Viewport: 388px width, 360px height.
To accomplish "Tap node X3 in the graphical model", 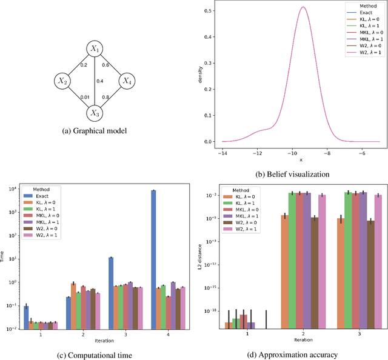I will [94, 112].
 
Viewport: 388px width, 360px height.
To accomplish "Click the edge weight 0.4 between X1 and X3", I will [101, 81].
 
